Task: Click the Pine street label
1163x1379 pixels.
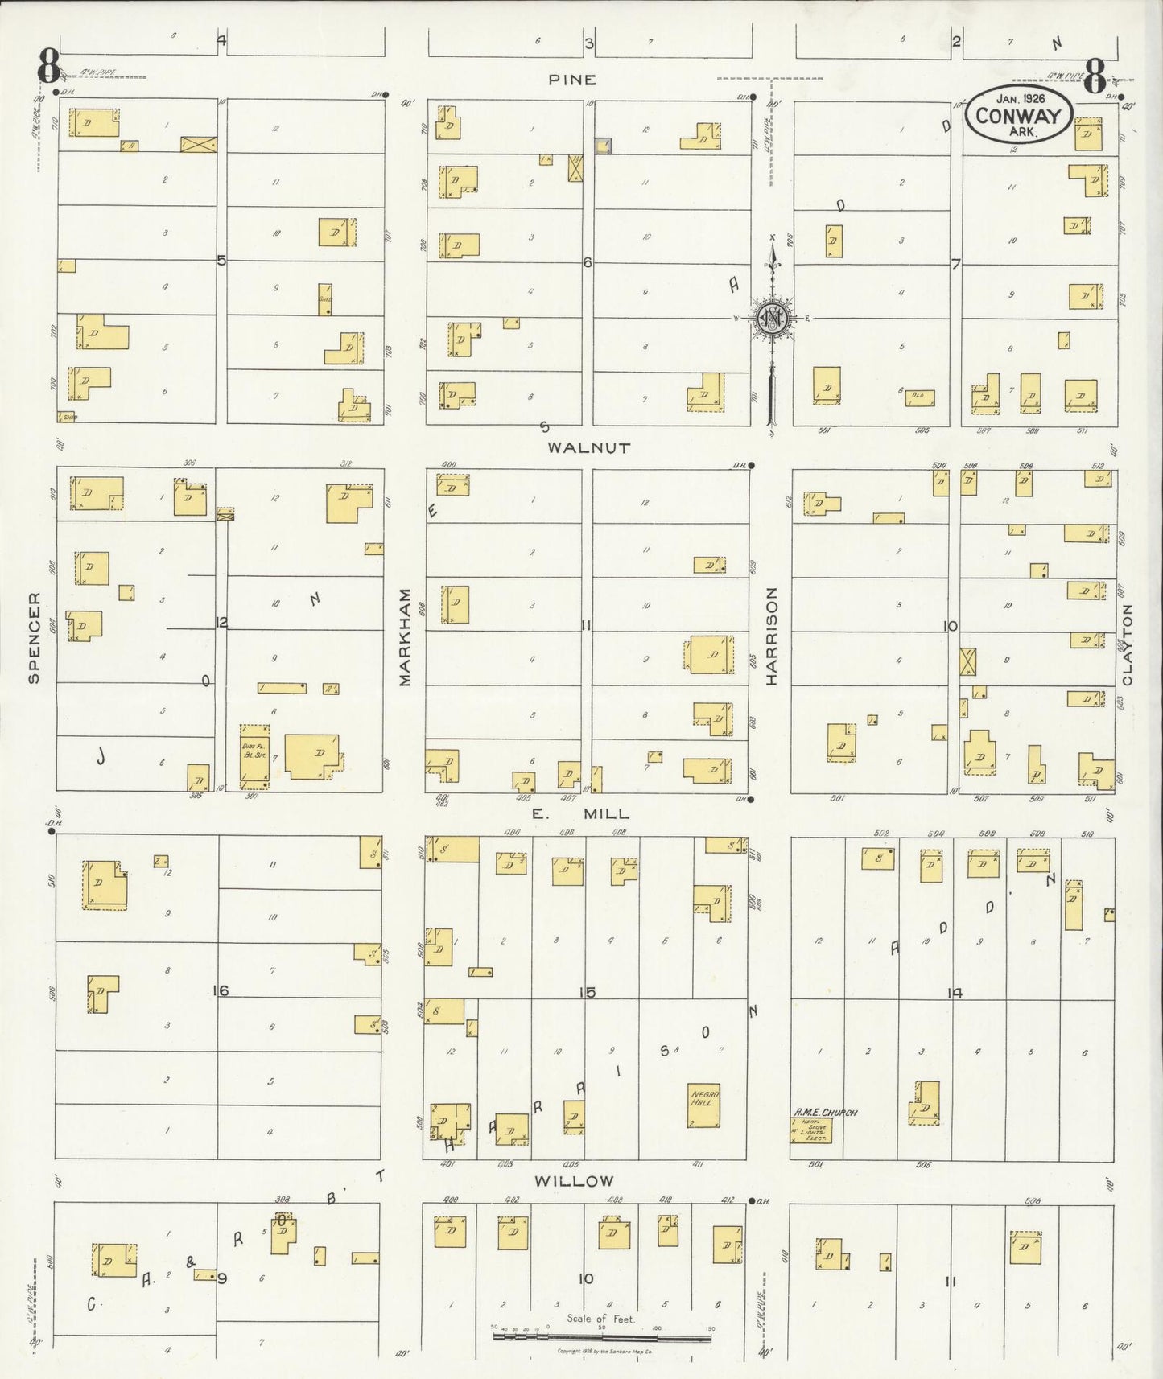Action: (x=572, y=80)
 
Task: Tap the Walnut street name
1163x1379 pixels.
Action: (x=588, y=448)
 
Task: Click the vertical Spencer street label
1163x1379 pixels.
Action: (x=34, y=638)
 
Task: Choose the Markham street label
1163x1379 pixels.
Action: (x=405, y=637)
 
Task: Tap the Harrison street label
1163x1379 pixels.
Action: (x=772, y=637)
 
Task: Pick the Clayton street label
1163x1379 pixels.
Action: (x=1127, y=644)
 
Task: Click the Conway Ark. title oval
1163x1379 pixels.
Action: (x=1019, y=114)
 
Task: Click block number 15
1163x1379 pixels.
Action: (x=587, y=993)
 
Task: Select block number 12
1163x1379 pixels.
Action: (x=221, y=622)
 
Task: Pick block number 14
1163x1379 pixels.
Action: (x=954, y=993)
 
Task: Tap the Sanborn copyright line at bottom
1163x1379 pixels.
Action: (x=604, y=1351)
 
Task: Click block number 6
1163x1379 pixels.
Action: (x=588, y=262)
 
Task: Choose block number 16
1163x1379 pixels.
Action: (x=221, y=990)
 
